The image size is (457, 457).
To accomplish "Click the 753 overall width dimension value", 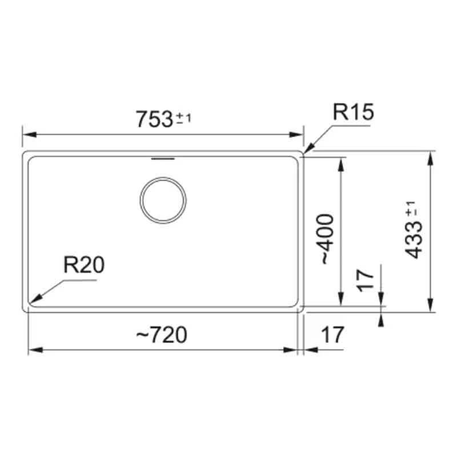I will pyautogui.click(x=154, y=119).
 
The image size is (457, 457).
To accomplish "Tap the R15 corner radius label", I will pyautogui.click(x=353, y=113).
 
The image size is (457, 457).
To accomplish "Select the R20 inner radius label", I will pyautogui.click(x=84, y=266).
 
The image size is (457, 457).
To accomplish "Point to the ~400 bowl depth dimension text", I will pyautogui.click(x=325, y=238).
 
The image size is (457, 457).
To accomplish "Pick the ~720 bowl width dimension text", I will pyautogui.click(x=162, y=335).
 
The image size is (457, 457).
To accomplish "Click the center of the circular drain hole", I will pyautogui.click(x=163, y=200).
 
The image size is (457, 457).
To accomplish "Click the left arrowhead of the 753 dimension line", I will pyautogui.click(x=26, y=135).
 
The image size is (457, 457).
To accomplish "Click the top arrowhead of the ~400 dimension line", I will pyautogui.click(x=341, y=162).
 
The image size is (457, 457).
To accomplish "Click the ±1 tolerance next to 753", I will pyautogui.click(x=183, y=118).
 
